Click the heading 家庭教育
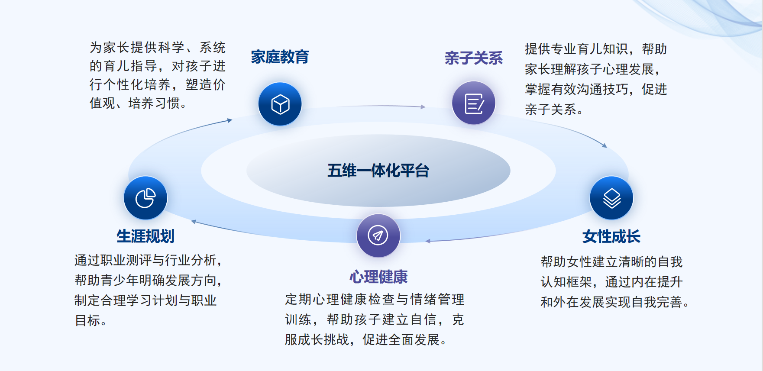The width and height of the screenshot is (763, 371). pos(280,57)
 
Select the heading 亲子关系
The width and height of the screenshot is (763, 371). pos(473,58)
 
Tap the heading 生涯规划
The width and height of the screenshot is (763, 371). pos(145,236)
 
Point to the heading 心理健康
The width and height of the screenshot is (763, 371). pos(378,277)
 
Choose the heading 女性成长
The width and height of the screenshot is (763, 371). pos(611,237)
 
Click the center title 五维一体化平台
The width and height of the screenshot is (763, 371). pos(378,171)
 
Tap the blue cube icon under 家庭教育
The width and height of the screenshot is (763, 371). pos(280,104)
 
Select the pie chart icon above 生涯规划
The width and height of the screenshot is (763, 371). pos(145,198)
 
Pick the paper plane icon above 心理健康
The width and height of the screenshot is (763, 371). pos(378,236)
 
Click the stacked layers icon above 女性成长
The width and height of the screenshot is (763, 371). pos(611,198)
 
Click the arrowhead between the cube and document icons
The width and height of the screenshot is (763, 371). pos(423,107)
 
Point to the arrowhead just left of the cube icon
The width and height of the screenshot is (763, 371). pos(230,120)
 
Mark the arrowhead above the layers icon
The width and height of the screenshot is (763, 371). pos(605,145)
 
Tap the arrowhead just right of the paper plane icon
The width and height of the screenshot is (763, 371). pos(428,241)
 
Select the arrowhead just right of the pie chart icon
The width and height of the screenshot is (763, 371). pos(194,222)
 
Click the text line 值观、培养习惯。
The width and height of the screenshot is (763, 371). pos(139,103)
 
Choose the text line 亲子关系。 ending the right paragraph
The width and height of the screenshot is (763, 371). pos(554,110)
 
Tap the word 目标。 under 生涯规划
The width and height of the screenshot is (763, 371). pos(91,320)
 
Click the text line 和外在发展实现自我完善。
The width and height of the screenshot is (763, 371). pos(615,302)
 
